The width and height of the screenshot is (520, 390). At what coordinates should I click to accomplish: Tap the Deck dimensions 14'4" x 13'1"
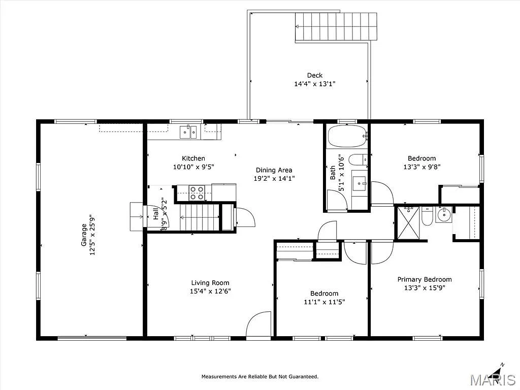314,84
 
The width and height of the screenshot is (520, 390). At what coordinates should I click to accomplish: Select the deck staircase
337,27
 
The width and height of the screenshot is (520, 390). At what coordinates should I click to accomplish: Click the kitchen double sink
189,132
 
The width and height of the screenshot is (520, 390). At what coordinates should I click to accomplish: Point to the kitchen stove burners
197,193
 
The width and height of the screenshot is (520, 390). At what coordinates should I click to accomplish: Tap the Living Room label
210,283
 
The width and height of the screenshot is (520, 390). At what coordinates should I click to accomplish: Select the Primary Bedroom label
424,279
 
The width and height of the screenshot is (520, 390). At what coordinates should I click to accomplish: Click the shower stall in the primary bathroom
408,222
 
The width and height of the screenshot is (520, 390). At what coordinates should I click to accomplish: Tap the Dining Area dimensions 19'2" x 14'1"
274,178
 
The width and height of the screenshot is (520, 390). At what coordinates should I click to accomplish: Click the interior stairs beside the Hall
199,217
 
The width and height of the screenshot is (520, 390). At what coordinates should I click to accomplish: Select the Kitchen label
193,158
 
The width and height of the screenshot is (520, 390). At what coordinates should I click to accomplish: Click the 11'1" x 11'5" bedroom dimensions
324,302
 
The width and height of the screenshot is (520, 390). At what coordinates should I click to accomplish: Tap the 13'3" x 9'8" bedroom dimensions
421,167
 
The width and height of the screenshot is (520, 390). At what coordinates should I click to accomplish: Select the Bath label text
333,173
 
